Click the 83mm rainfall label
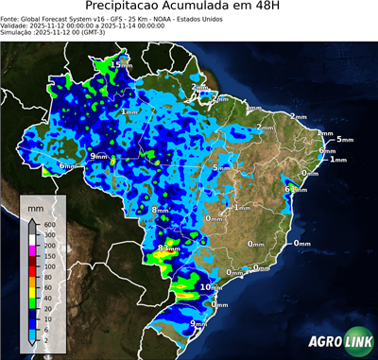point(169,249)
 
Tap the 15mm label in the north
point(122,64)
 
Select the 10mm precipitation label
point(211,286)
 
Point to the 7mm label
point(215,95)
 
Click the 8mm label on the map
point(162,210)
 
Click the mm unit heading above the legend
point(36,206)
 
